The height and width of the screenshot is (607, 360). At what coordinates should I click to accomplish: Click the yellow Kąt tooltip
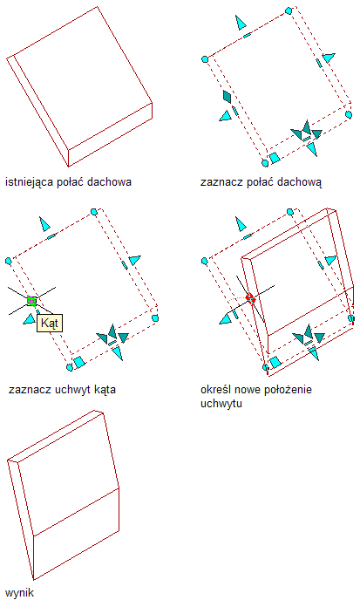pos(50,323)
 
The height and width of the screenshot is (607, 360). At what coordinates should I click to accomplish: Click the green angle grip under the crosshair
pos(31,300)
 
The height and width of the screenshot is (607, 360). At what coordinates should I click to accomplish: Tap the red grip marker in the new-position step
pos(250,298)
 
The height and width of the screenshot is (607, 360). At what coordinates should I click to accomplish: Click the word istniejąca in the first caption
pos(30,182)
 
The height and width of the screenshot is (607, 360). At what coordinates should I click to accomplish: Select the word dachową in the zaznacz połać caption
pos(302,182)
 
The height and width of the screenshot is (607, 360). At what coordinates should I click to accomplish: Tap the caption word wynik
pos(20,593)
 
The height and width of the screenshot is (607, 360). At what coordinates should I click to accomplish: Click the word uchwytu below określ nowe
pos(221,404)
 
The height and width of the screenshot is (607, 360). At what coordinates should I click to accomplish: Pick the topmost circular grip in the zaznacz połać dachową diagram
pos(289,10)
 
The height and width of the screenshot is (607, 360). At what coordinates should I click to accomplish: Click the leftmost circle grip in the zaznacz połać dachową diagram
pos(205,59)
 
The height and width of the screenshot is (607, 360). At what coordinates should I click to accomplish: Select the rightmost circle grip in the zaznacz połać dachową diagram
pos(349,114)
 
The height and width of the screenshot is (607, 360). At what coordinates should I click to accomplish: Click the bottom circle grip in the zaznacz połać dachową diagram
pos(265,163)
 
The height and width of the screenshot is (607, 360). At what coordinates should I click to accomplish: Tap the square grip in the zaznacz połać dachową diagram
pos(275,158)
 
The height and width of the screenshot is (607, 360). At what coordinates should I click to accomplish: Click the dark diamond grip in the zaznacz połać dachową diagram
pos(227,97)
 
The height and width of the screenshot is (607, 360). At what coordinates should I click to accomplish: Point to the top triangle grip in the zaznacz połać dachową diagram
pos(241,23)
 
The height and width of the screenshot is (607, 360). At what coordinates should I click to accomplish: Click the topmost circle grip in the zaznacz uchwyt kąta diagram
pos(93,212)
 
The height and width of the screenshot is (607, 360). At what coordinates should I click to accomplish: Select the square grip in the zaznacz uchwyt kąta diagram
pos(79,362)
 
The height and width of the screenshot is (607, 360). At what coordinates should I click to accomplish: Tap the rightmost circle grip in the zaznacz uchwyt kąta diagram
pos(155,318)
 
